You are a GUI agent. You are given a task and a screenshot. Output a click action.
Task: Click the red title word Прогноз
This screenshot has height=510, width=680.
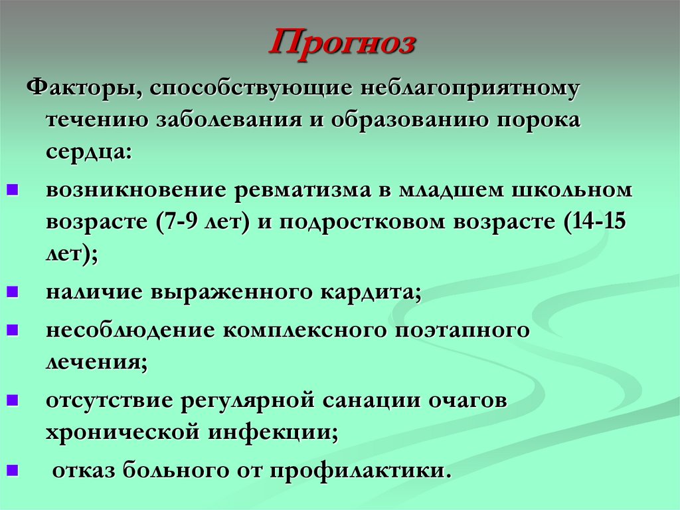pos(343,45)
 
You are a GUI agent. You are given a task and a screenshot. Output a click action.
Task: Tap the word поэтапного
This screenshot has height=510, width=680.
pos(462,330)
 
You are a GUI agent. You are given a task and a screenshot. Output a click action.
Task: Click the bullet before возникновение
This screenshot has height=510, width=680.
pos(13,190)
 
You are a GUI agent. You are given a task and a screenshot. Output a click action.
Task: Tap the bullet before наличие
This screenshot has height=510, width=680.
pos(13,292)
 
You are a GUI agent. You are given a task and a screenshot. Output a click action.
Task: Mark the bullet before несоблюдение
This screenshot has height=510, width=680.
pos(13,330)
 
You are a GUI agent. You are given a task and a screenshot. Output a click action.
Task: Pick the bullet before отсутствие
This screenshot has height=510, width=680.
pos(13,401)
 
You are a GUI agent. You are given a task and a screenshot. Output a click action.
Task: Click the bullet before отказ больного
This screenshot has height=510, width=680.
pos(13,471)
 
